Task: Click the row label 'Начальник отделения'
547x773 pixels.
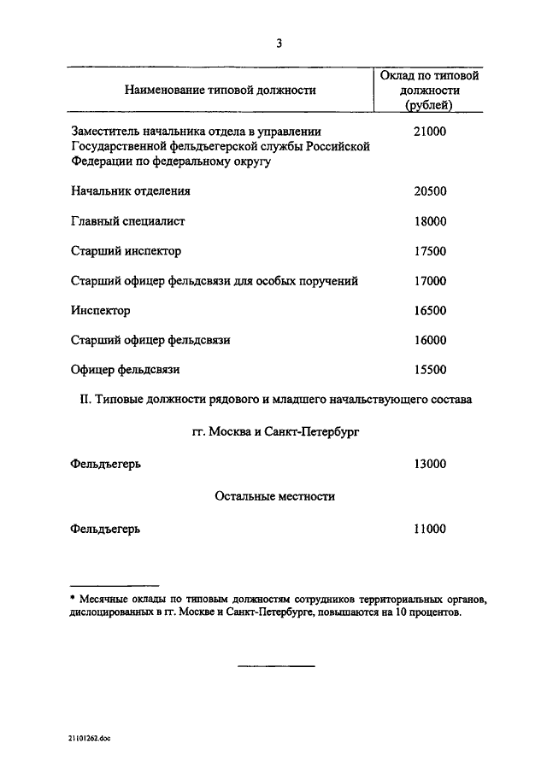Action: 131,191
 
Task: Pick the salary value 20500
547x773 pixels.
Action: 429,191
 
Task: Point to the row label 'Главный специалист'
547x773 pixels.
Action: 128,221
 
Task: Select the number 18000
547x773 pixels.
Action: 429,221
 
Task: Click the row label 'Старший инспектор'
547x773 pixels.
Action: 126,251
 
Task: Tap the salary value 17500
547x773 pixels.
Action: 429,251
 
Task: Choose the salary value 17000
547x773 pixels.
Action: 429,280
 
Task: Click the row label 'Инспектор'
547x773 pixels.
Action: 101,310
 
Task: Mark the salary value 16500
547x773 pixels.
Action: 429,310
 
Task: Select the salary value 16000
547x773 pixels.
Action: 429,340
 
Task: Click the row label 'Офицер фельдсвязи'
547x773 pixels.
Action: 126,370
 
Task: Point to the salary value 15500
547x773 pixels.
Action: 429,370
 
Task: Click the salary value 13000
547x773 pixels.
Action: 429,465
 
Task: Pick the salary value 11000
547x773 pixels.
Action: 429,529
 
